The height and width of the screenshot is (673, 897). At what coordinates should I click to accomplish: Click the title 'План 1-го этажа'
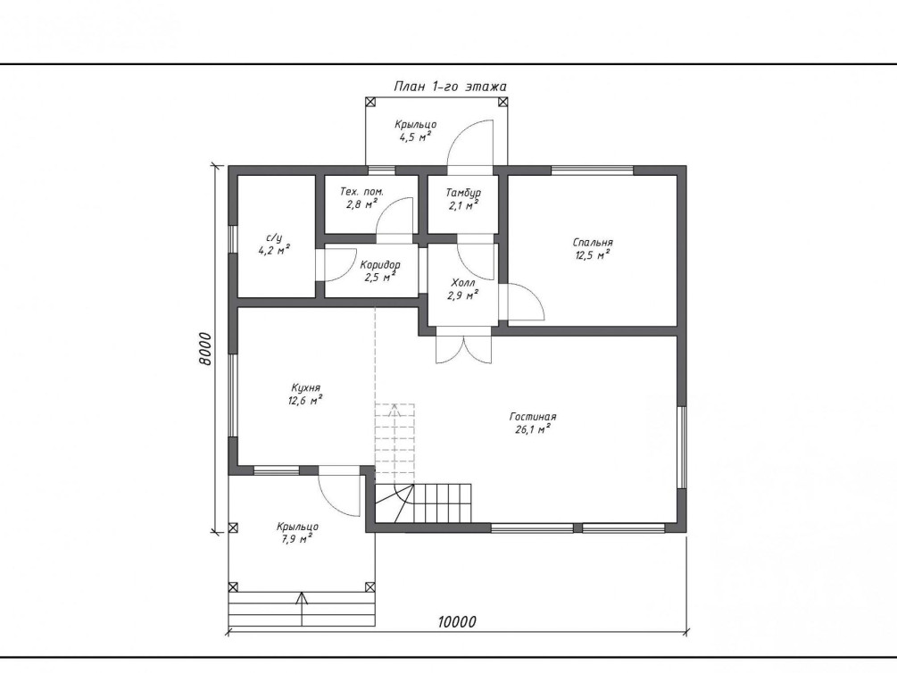tap(450, 87)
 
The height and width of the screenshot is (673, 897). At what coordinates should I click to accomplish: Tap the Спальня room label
tap(593, 243)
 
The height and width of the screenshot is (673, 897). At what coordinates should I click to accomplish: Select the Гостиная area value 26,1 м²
tap(533, 429)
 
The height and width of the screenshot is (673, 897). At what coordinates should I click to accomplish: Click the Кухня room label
tap(305, 388)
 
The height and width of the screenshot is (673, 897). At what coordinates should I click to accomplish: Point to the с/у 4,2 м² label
tap(275, 244)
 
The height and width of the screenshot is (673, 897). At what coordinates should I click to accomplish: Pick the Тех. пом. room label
tap(361, 192)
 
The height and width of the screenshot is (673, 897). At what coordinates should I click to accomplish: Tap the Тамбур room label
tap(463, 193)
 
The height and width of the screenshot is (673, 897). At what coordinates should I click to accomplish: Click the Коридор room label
tap(380, 265)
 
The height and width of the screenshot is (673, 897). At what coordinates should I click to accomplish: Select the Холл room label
tap(463, 283)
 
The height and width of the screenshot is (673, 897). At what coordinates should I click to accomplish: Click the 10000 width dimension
tap(457, 621)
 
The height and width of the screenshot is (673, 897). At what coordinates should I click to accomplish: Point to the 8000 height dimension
tap(205, 348)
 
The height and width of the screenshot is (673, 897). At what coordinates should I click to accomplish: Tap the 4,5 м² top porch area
tap(415, 137)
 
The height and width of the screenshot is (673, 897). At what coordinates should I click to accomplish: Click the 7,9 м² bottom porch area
tap(296, 539)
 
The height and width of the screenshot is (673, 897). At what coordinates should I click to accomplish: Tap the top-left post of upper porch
tap(370, 102)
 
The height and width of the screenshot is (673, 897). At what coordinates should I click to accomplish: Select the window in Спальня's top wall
tap(592, 170)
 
